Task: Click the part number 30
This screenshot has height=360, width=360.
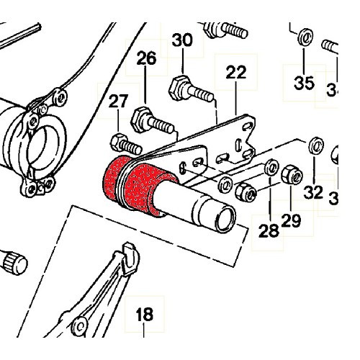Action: coord(183,41)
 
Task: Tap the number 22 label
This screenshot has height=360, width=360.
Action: coord(235,72)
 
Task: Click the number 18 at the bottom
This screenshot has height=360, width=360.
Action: coord(144,315)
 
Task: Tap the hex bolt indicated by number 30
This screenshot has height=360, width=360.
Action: coord(189,91)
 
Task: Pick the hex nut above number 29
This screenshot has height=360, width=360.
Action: coord(290,175)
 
